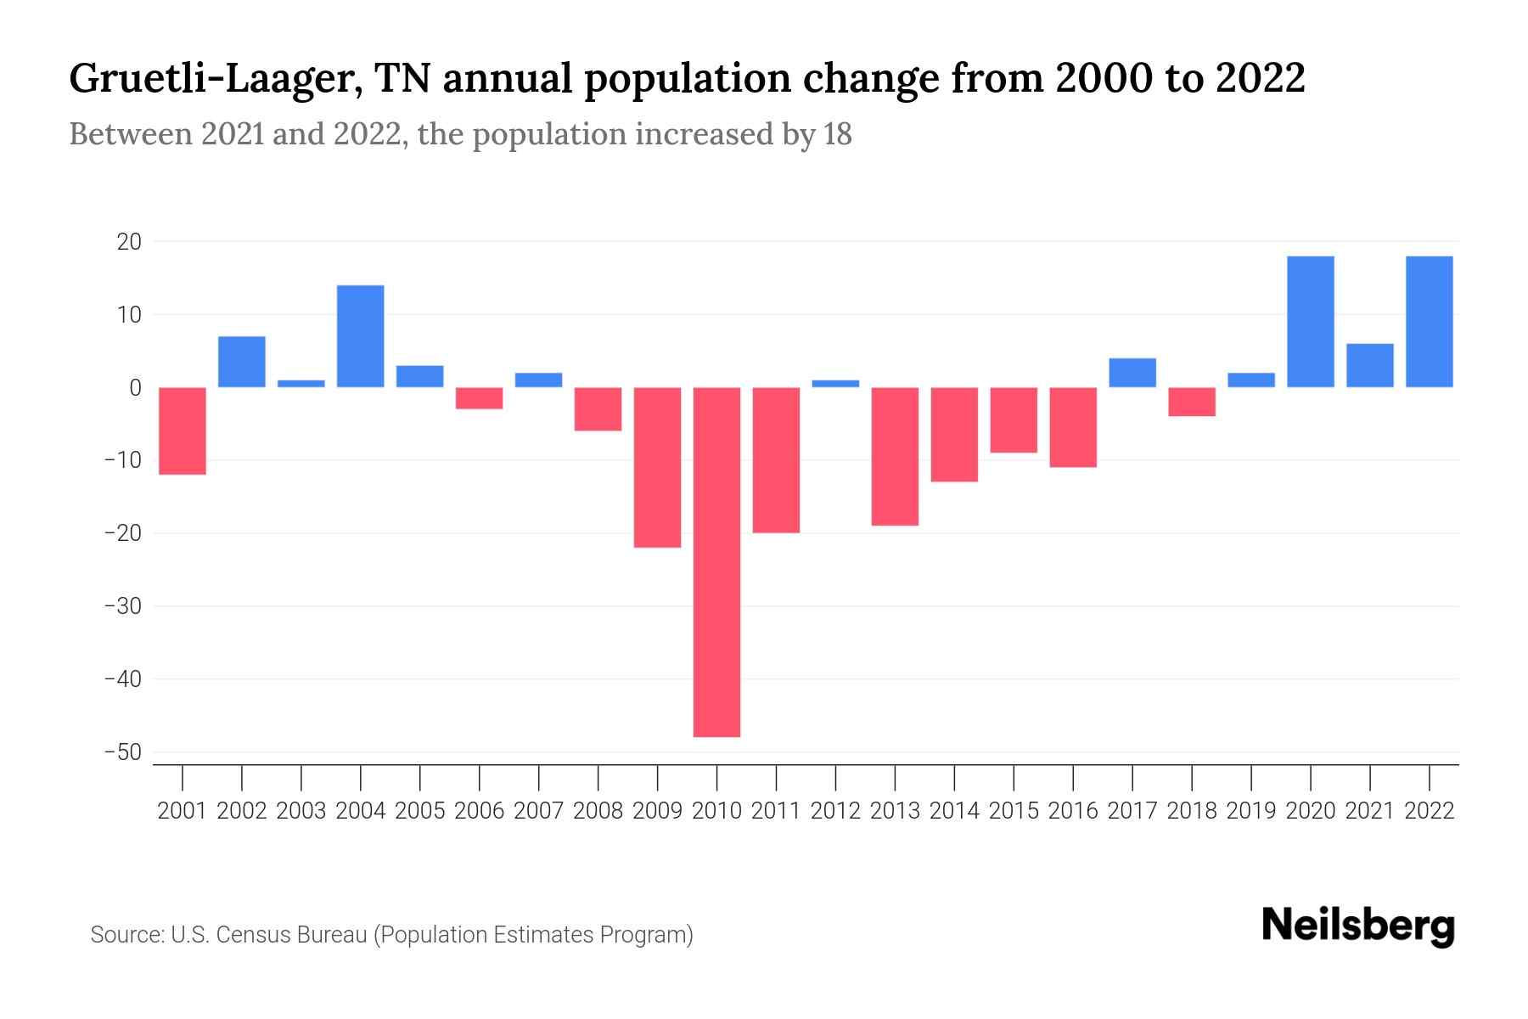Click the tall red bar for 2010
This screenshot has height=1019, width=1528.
[716, 561]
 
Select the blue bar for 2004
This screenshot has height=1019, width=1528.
[360, 336]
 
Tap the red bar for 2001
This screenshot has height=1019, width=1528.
[183, 431]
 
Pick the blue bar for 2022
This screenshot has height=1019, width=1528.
[1430, 322]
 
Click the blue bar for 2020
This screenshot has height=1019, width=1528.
[1311, 322]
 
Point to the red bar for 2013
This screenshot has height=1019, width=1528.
[895, 456]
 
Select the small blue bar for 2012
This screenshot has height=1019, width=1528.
[835, 384]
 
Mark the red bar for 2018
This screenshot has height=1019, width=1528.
[1192, 402]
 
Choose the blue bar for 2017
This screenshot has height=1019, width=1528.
[1132, 373]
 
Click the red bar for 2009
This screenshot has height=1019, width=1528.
[657, 467]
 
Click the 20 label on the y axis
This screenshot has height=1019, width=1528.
[129, 242]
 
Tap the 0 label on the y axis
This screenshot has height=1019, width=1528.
[135, 388]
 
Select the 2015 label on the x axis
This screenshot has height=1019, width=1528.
[1014, 811]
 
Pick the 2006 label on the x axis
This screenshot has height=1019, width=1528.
[479, 811]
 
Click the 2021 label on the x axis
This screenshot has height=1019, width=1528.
[1369, 811]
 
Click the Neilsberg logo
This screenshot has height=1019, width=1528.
[1358, 927]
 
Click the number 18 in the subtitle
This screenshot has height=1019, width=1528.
[837, 135]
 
